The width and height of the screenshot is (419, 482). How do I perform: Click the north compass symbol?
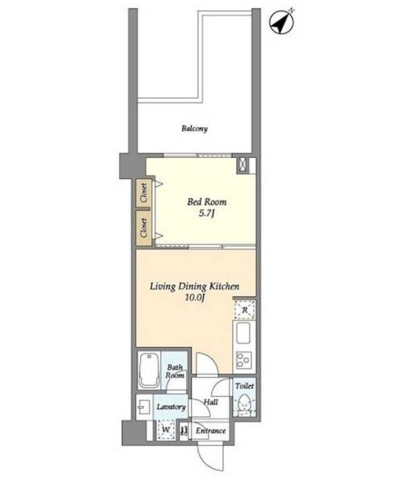click(282, 22)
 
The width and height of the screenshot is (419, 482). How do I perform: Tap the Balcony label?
click(195, 129)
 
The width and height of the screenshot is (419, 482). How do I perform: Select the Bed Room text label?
click(207, 202)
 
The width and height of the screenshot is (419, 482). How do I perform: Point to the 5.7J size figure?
click(206, 213)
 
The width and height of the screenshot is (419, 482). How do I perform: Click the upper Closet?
click(143, 193)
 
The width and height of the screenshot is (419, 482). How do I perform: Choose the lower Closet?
click(143, 228)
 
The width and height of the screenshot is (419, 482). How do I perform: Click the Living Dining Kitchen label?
click(195, 287)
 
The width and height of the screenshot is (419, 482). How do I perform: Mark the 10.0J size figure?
click(195, 298)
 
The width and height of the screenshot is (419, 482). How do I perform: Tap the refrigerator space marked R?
click(245, 310)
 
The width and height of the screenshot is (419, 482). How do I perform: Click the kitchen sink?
click(243, 333)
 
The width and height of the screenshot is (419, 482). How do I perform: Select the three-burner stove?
click(244, 360)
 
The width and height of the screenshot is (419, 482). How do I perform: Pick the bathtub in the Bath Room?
click(149, 371)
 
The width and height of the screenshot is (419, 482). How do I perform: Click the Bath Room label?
click(175, 371)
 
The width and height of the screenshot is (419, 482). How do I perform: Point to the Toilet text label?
click(245, 386)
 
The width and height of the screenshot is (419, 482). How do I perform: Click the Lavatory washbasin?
click(144, 407)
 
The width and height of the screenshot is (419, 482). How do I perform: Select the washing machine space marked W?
click(166, 429)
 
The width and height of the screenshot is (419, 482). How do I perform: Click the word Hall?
click(211, 402)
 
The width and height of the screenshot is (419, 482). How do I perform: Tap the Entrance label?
click(211, 431)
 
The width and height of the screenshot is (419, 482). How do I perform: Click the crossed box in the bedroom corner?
click(242, 164)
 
